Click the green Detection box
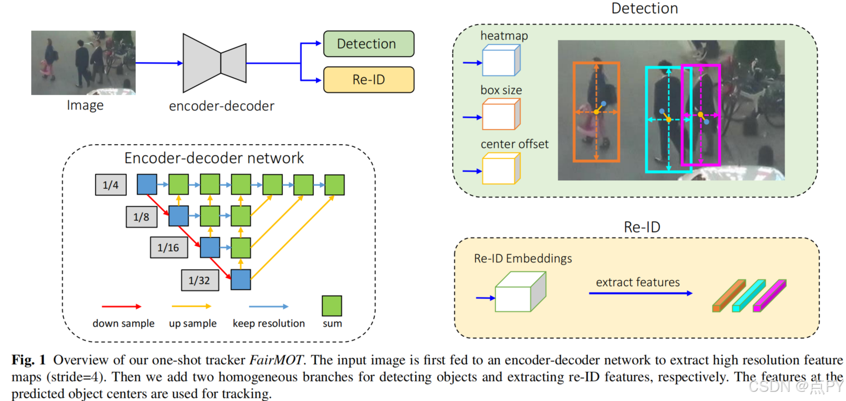pos(368,44)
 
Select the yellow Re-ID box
pos(368,80)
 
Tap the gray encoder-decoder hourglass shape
pos(215,63)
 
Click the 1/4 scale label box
pos(111,185)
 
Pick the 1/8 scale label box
pos(141,217)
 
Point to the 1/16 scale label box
pos(168,248)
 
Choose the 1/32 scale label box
pos(200,280)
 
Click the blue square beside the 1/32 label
pos(240,280)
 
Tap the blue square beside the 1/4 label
pos(147,184)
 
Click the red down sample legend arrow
pos(121,307)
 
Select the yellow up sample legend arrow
pos(191,307)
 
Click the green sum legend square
pos(332,306)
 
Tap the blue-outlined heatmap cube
pos(501,60)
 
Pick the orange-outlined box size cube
pos(501,114)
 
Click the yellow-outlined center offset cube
pos(501,169)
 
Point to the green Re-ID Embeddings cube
pos(520,293)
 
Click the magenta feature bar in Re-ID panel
pos(769,296)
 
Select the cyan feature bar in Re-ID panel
pos(749,296)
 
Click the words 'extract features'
pos(637,282)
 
